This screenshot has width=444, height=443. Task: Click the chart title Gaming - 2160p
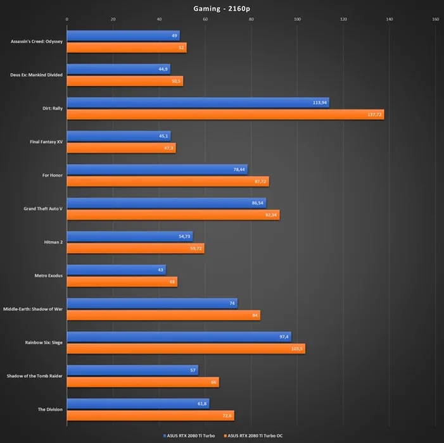(x=221, y=8)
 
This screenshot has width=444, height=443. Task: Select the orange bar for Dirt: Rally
(x=225, y=115)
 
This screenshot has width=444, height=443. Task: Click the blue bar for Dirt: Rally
(x=198, y=103)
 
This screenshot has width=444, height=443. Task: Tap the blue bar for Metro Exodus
(x=116, y=270)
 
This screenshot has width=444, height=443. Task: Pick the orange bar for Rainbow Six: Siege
(x=186, y=349)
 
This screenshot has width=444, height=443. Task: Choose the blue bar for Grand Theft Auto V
(x=166, y=203)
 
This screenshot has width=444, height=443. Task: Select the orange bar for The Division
(x=150, y=416)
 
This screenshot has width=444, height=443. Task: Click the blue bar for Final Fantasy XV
(x=118, y=136)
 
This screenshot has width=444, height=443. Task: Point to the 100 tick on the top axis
(x=297, y=20)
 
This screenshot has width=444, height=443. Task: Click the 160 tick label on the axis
(x=435, y=20)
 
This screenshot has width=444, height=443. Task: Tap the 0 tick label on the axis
(x=67, y=20)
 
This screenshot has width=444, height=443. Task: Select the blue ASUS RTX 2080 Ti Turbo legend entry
(x=190, y=435)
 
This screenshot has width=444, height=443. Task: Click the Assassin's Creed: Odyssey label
(x=37, y=42)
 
